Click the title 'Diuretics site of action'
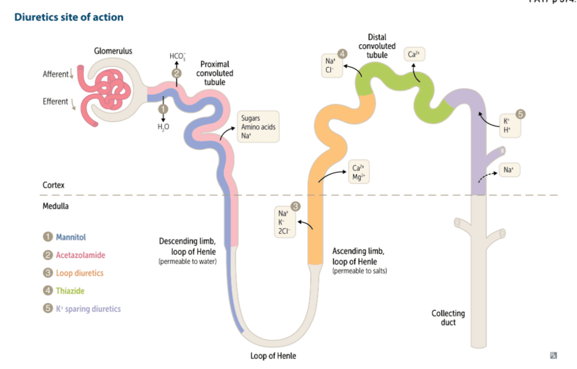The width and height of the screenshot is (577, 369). click(x=69, y=17)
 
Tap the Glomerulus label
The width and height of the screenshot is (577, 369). click(x=113, y=51)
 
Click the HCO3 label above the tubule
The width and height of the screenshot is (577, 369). click(x=177, y=56)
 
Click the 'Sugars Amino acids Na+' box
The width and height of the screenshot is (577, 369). click(x=258, y=126)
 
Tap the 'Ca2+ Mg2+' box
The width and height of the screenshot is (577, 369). click(x=358, y=172)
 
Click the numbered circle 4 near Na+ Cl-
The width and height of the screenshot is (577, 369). click(x=342, y=54)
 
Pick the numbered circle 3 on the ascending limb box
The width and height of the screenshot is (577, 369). click(x=296, y=207)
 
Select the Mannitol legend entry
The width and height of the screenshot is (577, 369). click(x=71, y=237)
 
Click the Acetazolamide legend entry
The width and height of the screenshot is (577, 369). click(x=80, y=255)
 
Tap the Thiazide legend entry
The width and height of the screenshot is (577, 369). click(x=70, y=291)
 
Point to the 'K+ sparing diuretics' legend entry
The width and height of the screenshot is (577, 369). click(x=88, y=309)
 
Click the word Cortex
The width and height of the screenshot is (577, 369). click(x=54, y=185)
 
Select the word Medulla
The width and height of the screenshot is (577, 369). click(x=56, y=206)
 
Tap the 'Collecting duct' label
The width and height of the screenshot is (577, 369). click(x=448, y=317)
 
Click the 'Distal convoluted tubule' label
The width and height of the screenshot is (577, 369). click(x=377, y=46)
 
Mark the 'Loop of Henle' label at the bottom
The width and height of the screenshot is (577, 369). click(x=273, y=356)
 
